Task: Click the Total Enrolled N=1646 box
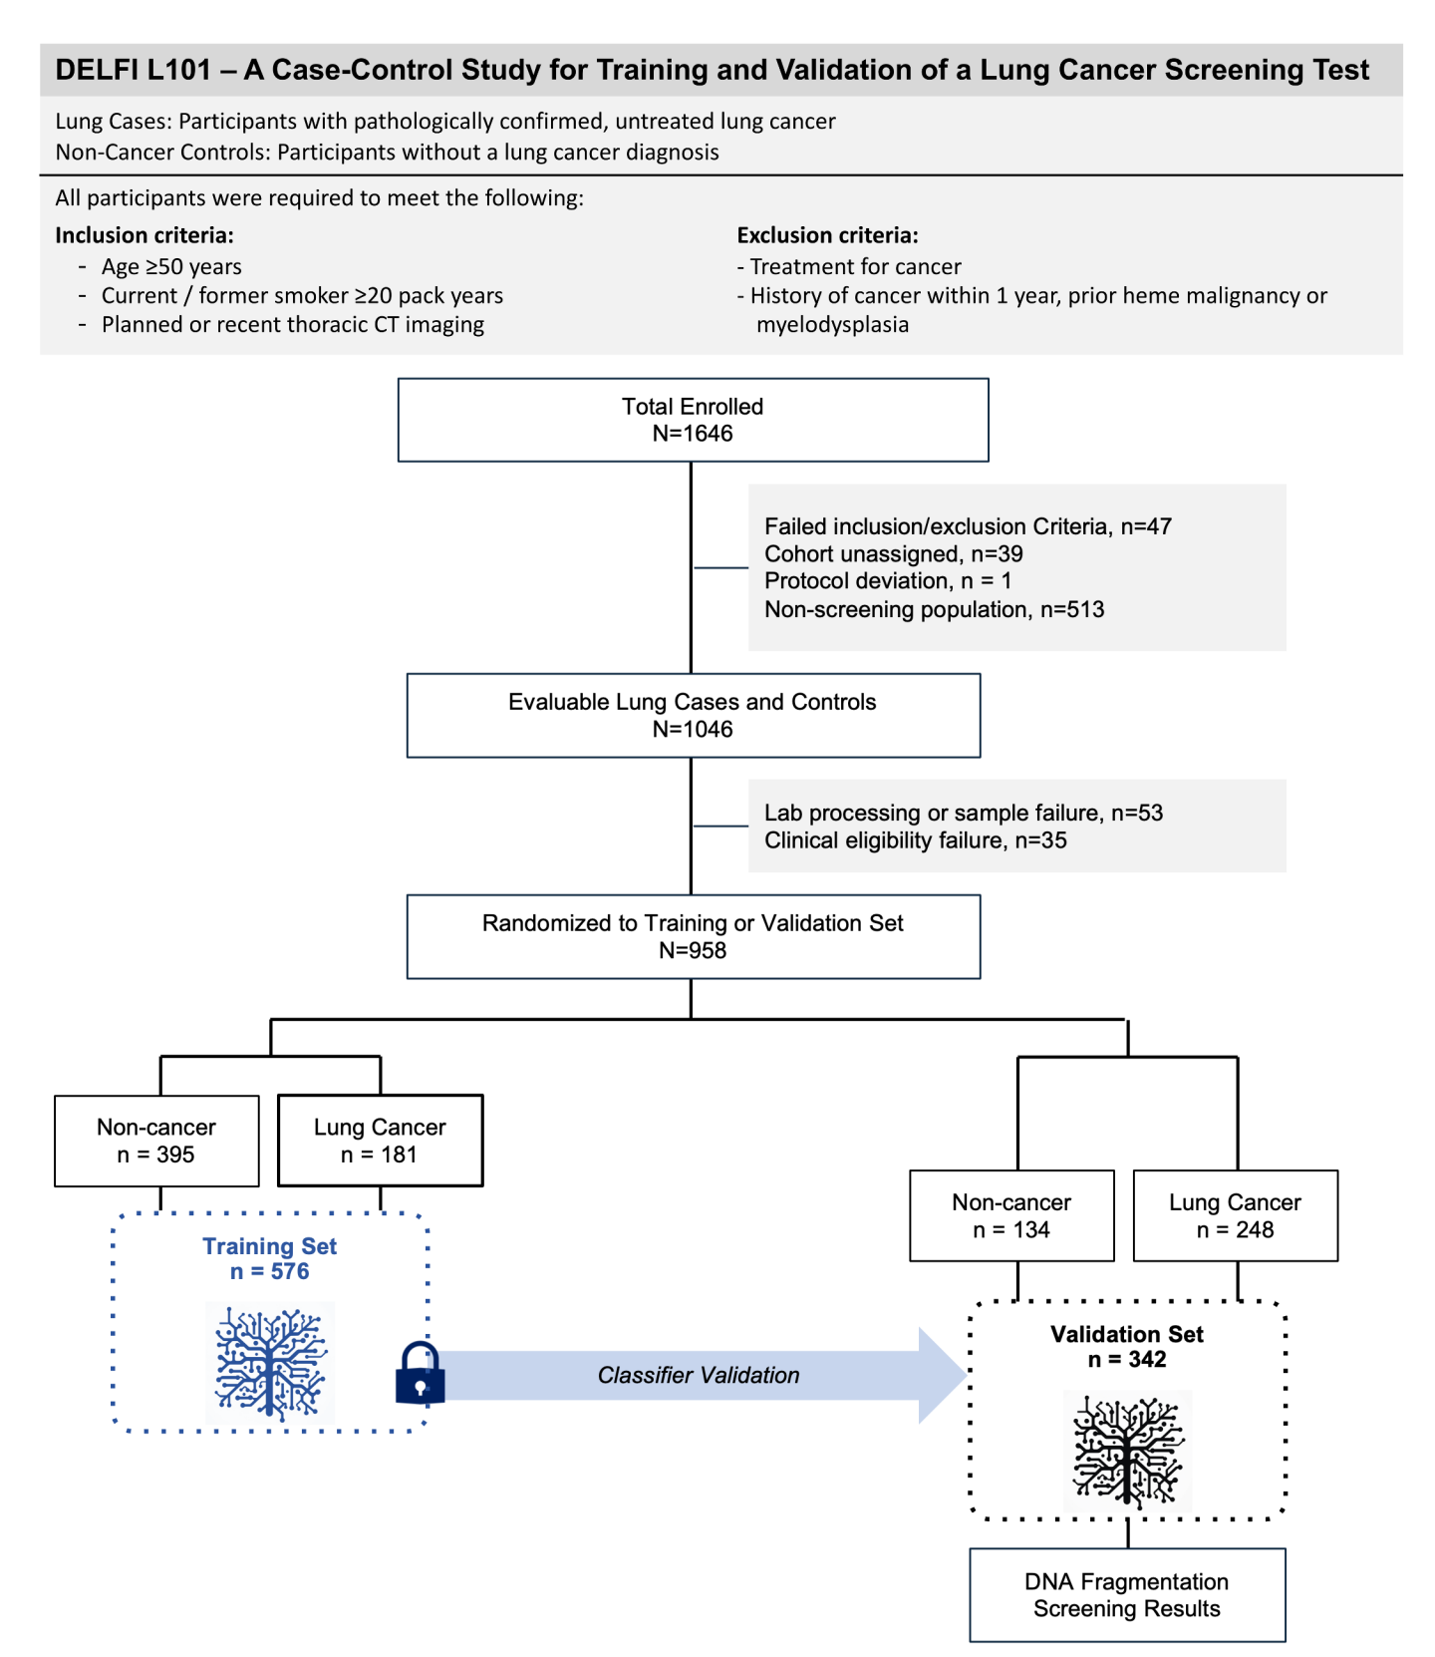(x=693, y=420)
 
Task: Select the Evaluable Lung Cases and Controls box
(x=693, y=715)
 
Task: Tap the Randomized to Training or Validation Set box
(x=693, y=936)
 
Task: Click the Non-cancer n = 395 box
(x=156, y=1141)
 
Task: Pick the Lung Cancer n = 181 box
(x=380, y=1141)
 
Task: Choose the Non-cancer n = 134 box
(x=1011, y=1215)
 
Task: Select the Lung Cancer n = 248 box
(x=1235, y=1215)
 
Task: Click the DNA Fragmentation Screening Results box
(x=1127, y=1594)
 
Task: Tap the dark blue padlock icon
(x=420, y=1373)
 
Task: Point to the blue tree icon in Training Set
(x=270, y=1363)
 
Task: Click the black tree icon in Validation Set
(x=1127, y=1452)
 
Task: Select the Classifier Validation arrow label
(x=699, y=1376)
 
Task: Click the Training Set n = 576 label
(x=270, y=1258)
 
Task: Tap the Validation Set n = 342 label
(x=1127, y=1346)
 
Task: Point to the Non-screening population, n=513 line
(x=934, y=609)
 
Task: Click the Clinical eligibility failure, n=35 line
(x=915, y=840)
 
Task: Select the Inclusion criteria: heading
(x=144, y=235)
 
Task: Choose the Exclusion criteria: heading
(x=827, y=235)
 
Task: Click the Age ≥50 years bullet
(x=171, y=266)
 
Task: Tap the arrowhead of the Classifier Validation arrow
(x=942, y=1376)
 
